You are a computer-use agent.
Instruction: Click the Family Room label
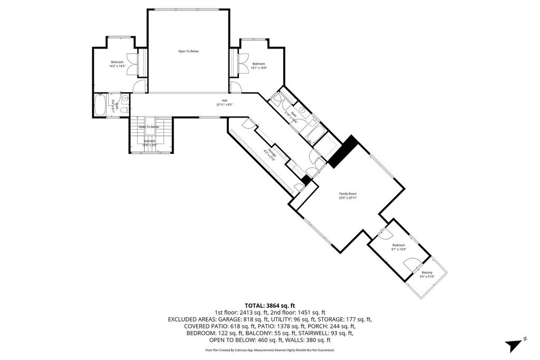point(348,194)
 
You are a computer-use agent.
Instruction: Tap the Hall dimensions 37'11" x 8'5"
point(224,105)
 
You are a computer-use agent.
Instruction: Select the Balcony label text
point(427,273)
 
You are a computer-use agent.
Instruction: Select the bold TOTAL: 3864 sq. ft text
point(269,305)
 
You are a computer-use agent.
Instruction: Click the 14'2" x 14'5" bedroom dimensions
point(117,66)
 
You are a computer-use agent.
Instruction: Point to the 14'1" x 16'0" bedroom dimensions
point(259,67)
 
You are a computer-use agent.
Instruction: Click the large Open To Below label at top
point(188,51)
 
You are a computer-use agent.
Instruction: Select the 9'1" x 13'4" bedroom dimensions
point(398,249)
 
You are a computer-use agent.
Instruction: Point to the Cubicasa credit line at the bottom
point(269,350)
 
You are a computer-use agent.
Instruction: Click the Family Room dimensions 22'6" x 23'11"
point(348,199)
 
